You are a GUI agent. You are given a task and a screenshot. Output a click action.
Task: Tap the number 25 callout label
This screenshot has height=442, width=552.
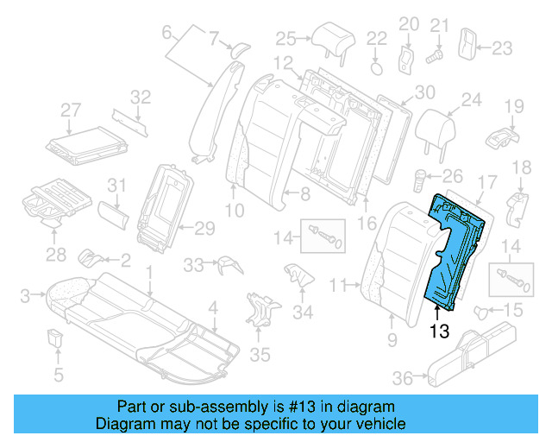[x=285, y=37]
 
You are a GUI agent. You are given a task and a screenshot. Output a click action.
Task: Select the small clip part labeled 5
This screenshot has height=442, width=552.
[x=57, y=338]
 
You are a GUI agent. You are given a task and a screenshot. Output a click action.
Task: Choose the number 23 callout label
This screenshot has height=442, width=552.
[x=502, y=47]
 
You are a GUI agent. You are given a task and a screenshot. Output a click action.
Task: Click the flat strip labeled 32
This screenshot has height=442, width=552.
[x=130, y=121]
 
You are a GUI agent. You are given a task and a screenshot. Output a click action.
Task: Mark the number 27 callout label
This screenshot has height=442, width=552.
[x=70, y=110]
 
